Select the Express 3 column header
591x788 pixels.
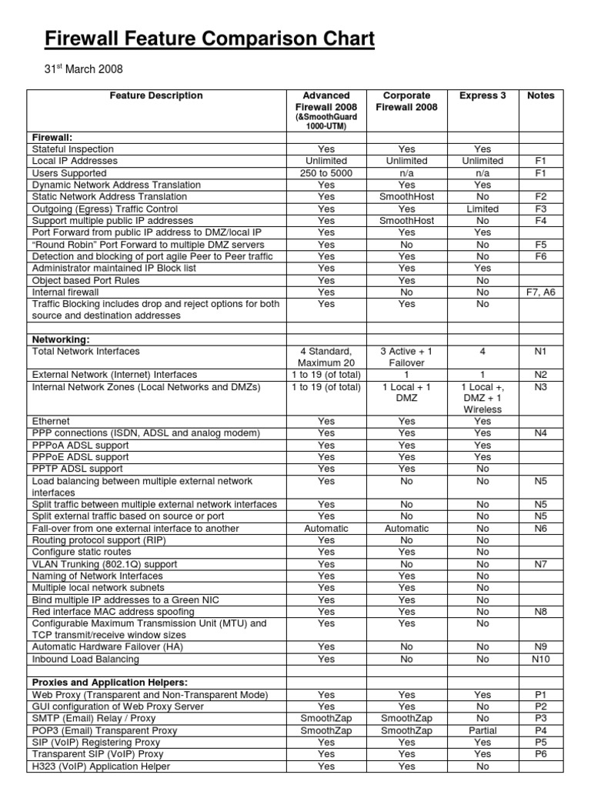coord(482,96)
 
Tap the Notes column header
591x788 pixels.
coord(540,96)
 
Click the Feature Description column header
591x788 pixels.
coord(156,96)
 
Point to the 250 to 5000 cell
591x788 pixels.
coord(326,173)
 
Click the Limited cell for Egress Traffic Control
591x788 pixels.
coord(482,209)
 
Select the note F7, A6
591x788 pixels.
coord(540,292)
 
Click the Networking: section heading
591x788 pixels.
coord(61,339)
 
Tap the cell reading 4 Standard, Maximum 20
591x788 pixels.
coord(326,357)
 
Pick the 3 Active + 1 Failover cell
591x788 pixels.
coord(406,357)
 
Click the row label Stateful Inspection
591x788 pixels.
coord(73,149)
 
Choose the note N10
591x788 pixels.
coord(540,659)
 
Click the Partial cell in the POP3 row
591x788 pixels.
coord(482,730)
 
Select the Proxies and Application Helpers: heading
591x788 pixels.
coord(109,683)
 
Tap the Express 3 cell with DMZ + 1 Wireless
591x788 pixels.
coord(482,399)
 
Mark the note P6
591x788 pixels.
coord(540,754)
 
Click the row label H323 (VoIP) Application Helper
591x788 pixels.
coord(101,766)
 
